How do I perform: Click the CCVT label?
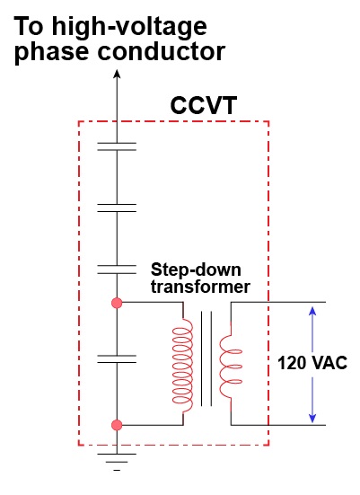click(x=204, y=106)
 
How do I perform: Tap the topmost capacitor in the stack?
click(x=117, y=146)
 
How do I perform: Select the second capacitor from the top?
click(x=117, y=208)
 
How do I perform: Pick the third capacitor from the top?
click(x=117, y=270)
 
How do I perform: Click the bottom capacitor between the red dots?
click(x=117, y=358)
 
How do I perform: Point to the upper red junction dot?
click(x=117, y=303)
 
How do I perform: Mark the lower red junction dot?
click(x=117, y=425)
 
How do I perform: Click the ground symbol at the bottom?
click(x=117, y=462)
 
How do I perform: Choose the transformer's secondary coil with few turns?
click(x=231, y=367)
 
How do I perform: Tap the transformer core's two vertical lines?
click(x=206, y=358)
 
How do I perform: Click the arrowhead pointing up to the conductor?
click(x=117, y=75)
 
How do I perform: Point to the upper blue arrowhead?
click(x=312, y=312)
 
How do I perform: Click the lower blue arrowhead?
click(x=312, y=418)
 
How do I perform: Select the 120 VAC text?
click(x=312, y=363)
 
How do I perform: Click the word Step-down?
click(x=196, y=270)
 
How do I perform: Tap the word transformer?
click(x=200, y=287)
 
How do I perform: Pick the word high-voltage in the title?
click(x=129, y=28)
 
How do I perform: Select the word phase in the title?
click(x=51, y=53)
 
